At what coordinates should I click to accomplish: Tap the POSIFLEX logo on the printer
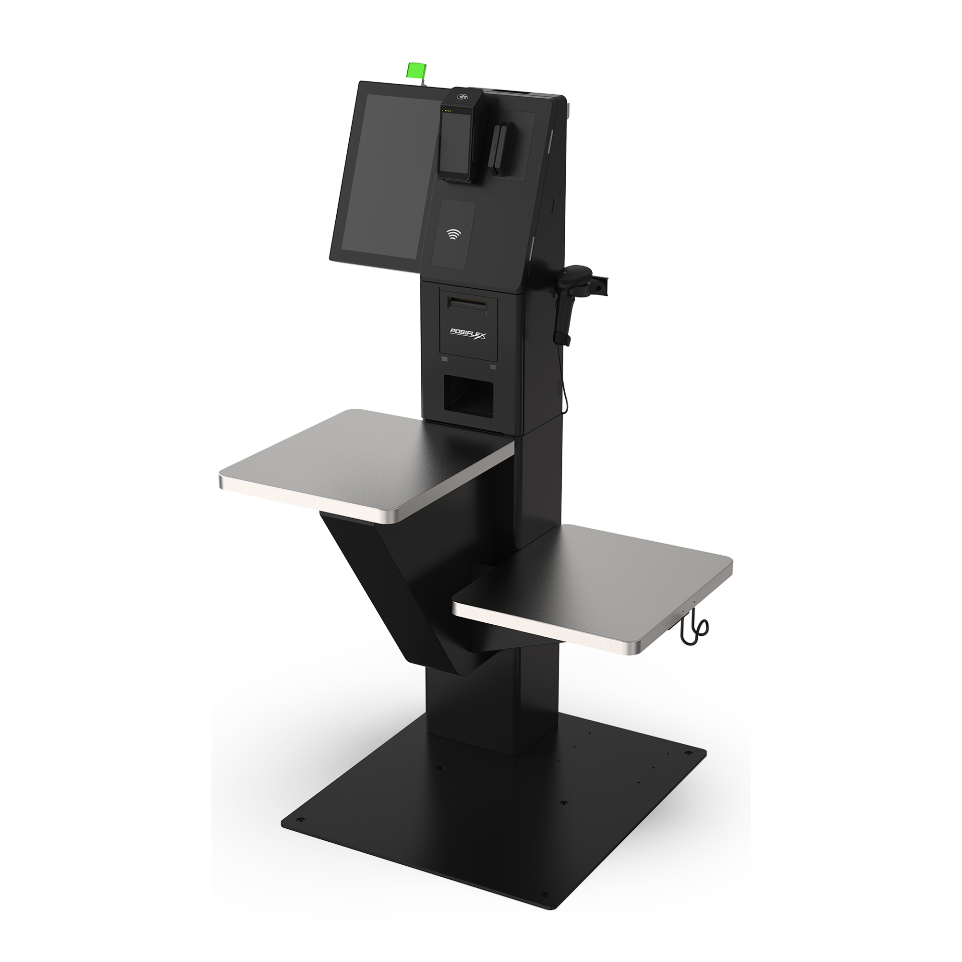coord(468,333)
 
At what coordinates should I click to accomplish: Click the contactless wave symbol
coord(454,233)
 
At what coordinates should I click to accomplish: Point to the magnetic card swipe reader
coord(501,148)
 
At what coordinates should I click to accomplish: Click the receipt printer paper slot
coord(468,303)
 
